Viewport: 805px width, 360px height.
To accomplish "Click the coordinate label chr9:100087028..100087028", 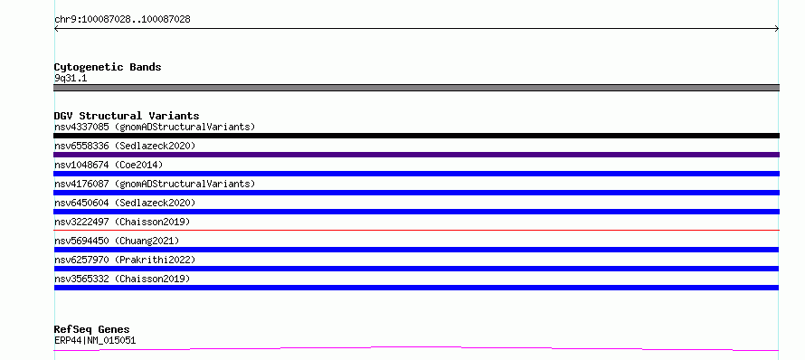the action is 122,20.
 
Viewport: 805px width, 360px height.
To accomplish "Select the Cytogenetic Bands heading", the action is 108,67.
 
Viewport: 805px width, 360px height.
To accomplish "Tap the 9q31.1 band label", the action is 71,78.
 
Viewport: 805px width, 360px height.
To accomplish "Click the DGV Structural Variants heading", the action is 127,116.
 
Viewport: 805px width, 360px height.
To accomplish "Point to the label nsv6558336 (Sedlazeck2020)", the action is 125,146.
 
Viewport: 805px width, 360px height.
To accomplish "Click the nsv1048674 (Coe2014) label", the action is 109,165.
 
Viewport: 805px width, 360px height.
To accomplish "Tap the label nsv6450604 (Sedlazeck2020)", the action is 125,203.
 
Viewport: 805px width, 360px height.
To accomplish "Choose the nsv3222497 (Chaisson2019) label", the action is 122,222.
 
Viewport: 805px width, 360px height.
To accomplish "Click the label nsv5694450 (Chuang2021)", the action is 117,241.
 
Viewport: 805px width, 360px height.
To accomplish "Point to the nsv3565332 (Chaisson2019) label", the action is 122,279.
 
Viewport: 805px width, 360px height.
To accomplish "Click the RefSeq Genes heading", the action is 92,329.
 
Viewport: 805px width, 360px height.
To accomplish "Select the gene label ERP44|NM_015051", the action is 95,340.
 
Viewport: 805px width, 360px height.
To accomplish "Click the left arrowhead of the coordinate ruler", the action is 55,29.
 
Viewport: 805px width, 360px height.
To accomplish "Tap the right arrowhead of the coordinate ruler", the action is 778,29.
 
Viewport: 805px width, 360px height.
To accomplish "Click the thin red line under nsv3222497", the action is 416,230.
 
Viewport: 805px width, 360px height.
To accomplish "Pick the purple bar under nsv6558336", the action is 416,155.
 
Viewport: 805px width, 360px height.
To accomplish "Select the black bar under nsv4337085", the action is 416,136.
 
